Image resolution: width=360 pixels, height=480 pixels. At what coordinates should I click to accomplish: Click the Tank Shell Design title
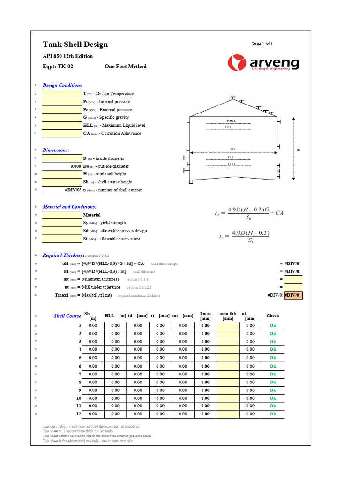tap(75, 45)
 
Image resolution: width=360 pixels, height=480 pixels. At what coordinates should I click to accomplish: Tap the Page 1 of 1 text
tap(262, 44)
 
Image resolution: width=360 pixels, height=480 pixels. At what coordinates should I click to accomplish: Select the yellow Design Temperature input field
tap(61, 94)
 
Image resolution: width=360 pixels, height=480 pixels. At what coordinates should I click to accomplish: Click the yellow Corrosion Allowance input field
tap(61, 134)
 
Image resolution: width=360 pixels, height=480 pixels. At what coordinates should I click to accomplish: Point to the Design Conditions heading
tap(62, 85)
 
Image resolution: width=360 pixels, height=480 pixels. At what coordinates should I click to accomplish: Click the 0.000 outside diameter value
tap(61, 166)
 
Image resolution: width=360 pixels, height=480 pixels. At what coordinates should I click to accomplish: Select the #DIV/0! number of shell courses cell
tap(61, 190)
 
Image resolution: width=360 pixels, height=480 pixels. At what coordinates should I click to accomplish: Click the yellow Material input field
tap(61, 215)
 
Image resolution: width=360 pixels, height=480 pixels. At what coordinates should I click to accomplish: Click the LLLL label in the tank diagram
tap(232, 164)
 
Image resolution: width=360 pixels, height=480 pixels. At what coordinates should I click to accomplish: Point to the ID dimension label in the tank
tap(232, 149)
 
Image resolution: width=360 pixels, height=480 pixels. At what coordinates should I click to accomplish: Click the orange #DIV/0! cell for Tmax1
tap(293, 295)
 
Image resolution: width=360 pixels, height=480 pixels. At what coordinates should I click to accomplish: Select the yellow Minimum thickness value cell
tap(293, 279)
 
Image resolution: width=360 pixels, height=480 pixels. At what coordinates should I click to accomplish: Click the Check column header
tap(272, 316)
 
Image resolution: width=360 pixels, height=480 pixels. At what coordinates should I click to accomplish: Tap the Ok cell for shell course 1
tap(272, 325)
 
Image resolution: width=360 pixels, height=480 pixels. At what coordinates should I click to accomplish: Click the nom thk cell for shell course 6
tap(228, 366)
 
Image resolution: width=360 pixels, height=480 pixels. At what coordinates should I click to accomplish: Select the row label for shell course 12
tap(78, 414)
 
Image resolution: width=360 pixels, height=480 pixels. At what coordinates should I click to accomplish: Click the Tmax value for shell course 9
tap(205, 390)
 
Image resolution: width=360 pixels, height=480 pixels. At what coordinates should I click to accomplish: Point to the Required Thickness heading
tap(64, 255)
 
